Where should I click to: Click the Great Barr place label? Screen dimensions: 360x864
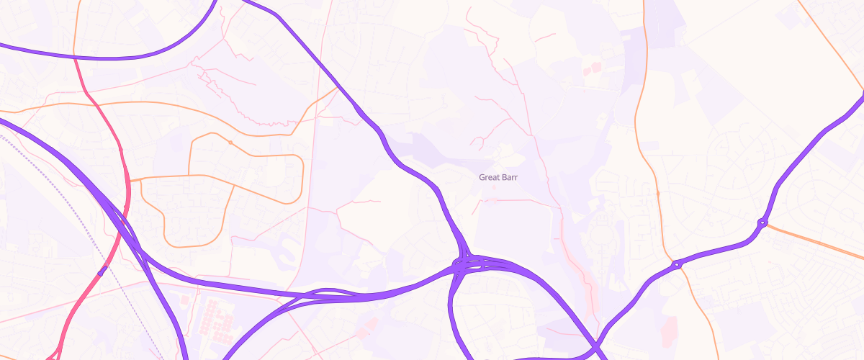[498, 176]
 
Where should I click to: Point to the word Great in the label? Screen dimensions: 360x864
[490, 176]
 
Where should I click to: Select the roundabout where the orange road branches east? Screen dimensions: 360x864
[762, 222]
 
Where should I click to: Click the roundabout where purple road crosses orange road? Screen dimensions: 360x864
[677, 265]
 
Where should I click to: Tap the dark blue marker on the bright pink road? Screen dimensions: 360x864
[102, 272]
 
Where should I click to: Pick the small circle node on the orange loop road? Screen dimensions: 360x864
[230, 143]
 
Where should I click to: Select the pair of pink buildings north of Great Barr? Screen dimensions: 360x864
[591, 69]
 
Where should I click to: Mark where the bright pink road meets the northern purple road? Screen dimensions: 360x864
[75, 58]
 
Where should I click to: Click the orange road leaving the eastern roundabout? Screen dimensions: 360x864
[814, 241]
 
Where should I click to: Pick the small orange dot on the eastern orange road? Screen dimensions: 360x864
[658, 193]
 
